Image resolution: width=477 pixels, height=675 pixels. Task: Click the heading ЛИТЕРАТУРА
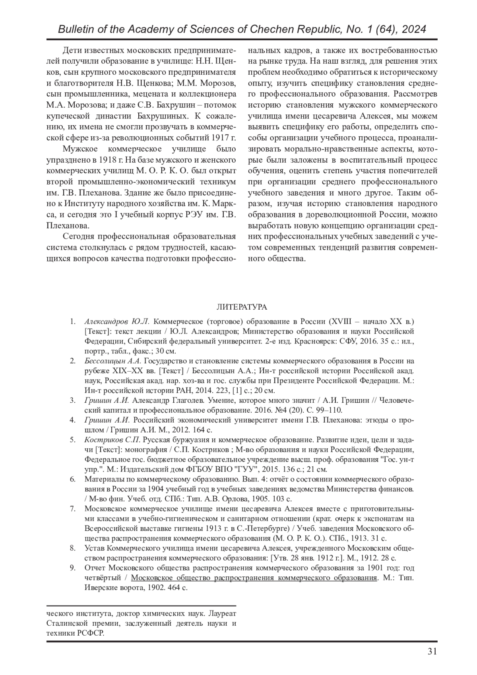[242, 307]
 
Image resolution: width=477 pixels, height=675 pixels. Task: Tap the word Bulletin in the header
[74, 30]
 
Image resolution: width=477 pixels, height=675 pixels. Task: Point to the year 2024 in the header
[413, 30]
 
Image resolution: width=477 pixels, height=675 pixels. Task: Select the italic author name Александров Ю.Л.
[117, 321]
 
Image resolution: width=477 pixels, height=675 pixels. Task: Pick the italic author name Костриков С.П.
[112, 440]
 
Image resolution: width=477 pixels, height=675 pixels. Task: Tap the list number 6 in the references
[73, 479]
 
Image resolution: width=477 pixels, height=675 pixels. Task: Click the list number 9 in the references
[73, 567]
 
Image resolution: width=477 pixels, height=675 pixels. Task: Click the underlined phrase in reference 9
[254, 577]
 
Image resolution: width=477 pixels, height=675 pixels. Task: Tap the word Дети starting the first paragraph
[72, 51]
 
